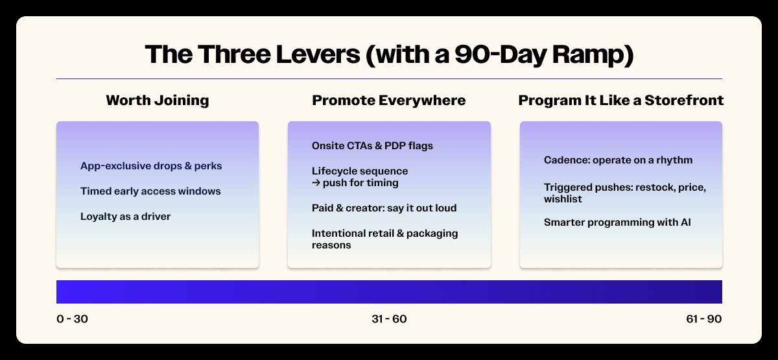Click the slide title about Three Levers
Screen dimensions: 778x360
[390, 54]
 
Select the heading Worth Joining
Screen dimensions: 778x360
[158, 101]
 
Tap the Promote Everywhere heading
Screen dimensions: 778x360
[388, 101]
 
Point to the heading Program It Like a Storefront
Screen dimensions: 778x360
[620, 101]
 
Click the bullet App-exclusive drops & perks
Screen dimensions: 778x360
[151, 166]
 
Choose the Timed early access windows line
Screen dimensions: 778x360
[150, 191]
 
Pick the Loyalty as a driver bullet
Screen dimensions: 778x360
[125, 217]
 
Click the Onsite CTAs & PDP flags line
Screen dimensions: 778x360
[372, 145]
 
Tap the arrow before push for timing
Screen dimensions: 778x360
[316, 182]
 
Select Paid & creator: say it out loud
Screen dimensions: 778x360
[384, 208]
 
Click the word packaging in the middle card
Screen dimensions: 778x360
[432, 234]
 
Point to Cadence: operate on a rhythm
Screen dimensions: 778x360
[619, 160]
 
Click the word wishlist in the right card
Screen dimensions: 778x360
[563, 199]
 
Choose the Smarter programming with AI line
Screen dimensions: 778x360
[617, 222]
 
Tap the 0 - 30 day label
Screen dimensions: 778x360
[72, 319]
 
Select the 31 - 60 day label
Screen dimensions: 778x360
[389, 319]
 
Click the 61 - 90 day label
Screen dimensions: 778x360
[704, 319]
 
